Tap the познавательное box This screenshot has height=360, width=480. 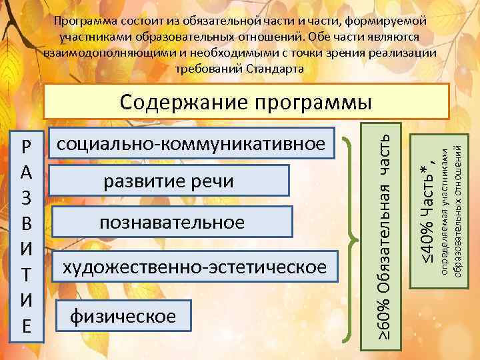tap(172, 222)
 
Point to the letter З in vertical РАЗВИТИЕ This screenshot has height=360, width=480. tap(26, 199)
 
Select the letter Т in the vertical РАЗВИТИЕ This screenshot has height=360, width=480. tap(26, 275)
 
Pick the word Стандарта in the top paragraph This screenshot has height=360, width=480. tap(275, 68)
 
